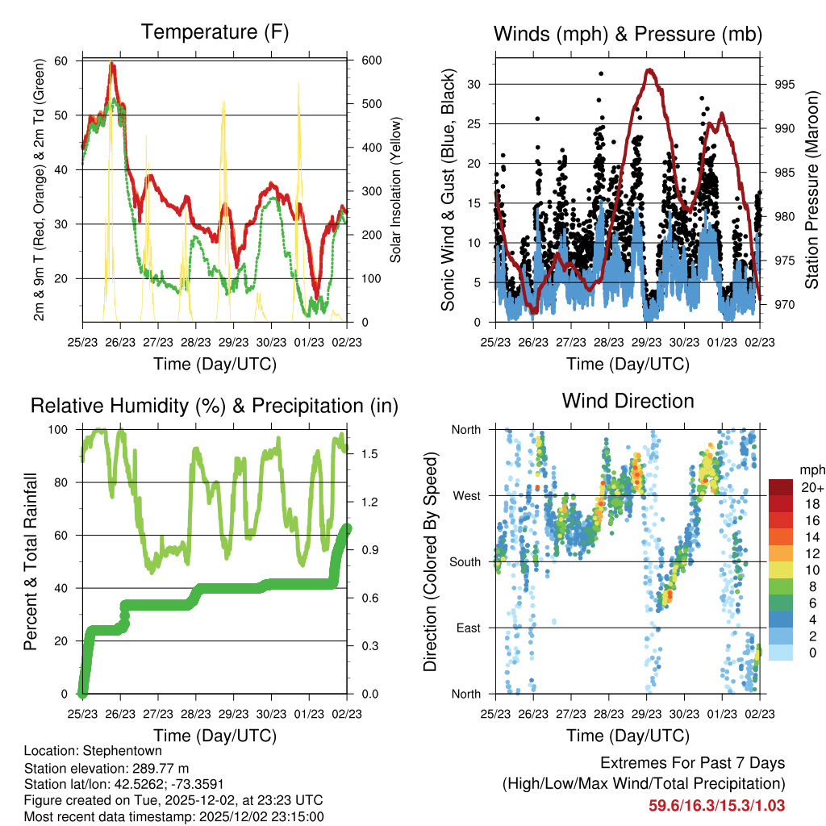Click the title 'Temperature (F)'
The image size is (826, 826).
click(214, 32)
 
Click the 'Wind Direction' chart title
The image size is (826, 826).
click(628, 401)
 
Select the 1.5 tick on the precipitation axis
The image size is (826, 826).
click(370, 455)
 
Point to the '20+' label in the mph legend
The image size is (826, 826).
click(811, 487)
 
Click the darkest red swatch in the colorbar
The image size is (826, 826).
click(780, 487)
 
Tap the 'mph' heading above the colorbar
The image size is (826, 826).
click(811, 469)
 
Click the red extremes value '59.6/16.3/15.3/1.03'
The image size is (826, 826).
click(716, 805)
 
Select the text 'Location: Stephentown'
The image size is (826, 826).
click(93, 751)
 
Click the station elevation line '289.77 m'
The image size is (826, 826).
click(106, 768)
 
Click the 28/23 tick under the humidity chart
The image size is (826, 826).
click(196, 714)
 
